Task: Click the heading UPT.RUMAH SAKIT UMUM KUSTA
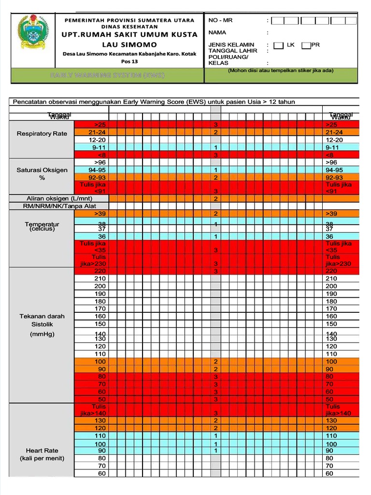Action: (129, 34)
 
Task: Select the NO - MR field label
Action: (220, 20)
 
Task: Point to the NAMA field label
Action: (217, 32)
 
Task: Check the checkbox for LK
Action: (279, 45)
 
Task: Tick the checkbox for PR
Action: (306, 45)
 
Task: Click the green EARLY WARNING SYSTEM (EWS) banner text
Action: (108, 75)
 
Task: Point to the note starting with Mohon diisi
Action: (281, 71)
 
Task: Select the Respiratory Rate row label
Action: (42, 133)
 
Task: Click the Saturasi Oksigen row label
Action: (42, 170)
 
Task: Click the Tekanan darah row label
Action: (42, 316)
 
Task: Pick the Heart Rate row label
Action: (42, 451)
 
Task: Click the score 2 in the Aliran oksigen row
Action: (215, 199)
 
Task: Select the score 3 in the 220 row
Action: (215, 271)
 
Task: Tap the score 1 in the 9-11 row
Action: (215, 147)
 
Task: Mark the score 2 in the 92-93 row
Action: (215, 178)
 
